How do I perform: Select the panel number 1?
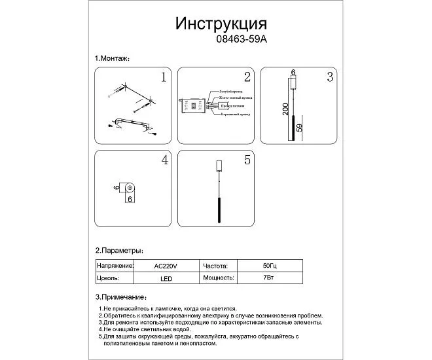point(164,78)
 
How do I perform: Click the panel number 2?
point(247,78)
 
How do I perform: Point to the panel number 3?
point(330,78)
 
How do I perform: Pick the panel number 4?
point(165,160)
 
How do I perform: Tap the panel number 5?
point(247,160)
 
